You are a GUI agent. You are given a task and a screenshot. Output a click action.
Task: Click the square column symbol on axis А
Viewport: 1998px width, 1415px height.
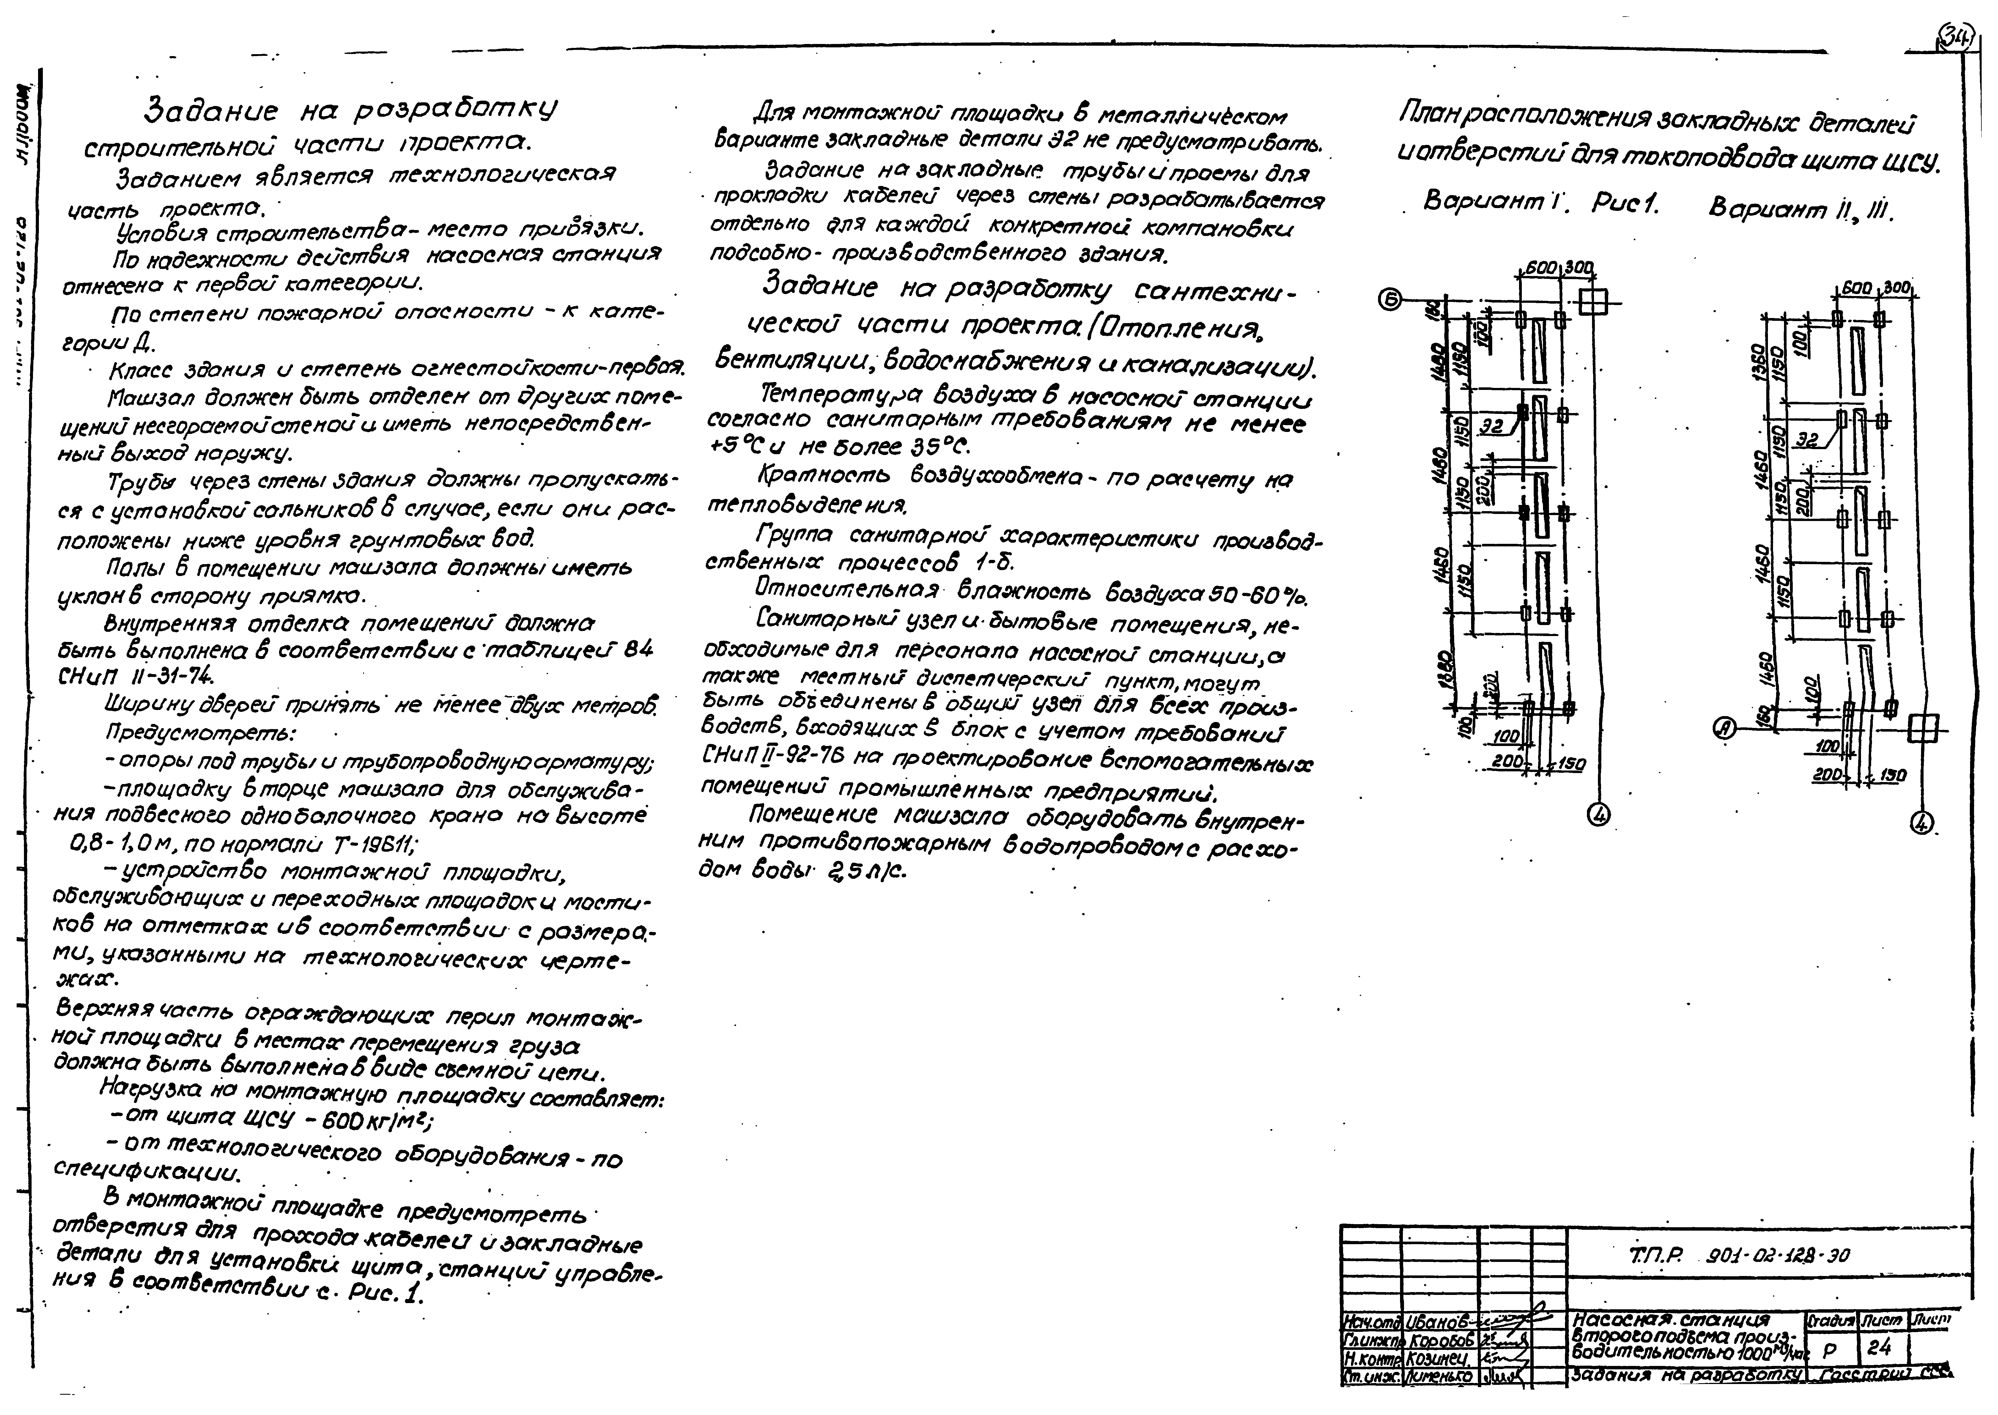click(x=1922, y=728)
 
